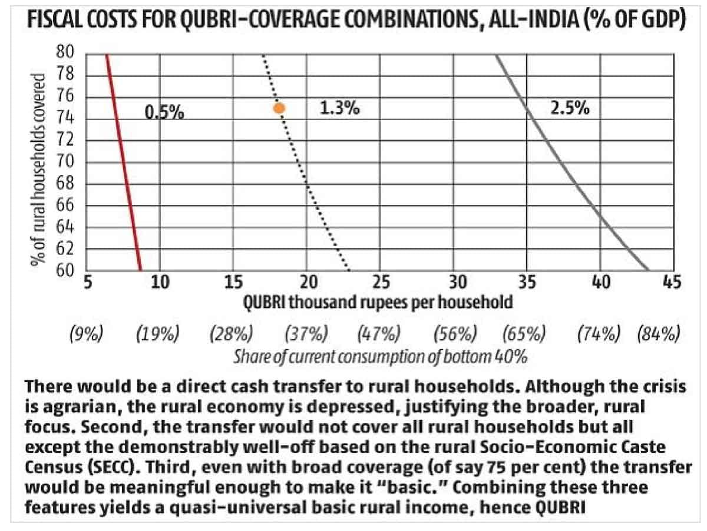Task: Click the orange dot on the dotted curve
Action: click(279, 108)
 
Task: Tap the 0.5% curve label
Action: click(164, 112)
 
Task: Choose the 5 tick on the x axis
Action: click(87, 283)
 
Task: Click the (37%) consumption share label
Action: click(306, 334)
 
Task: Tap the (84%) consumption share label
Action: click(658, 334)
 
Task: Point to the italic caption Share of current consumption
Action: click(379, 357)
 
